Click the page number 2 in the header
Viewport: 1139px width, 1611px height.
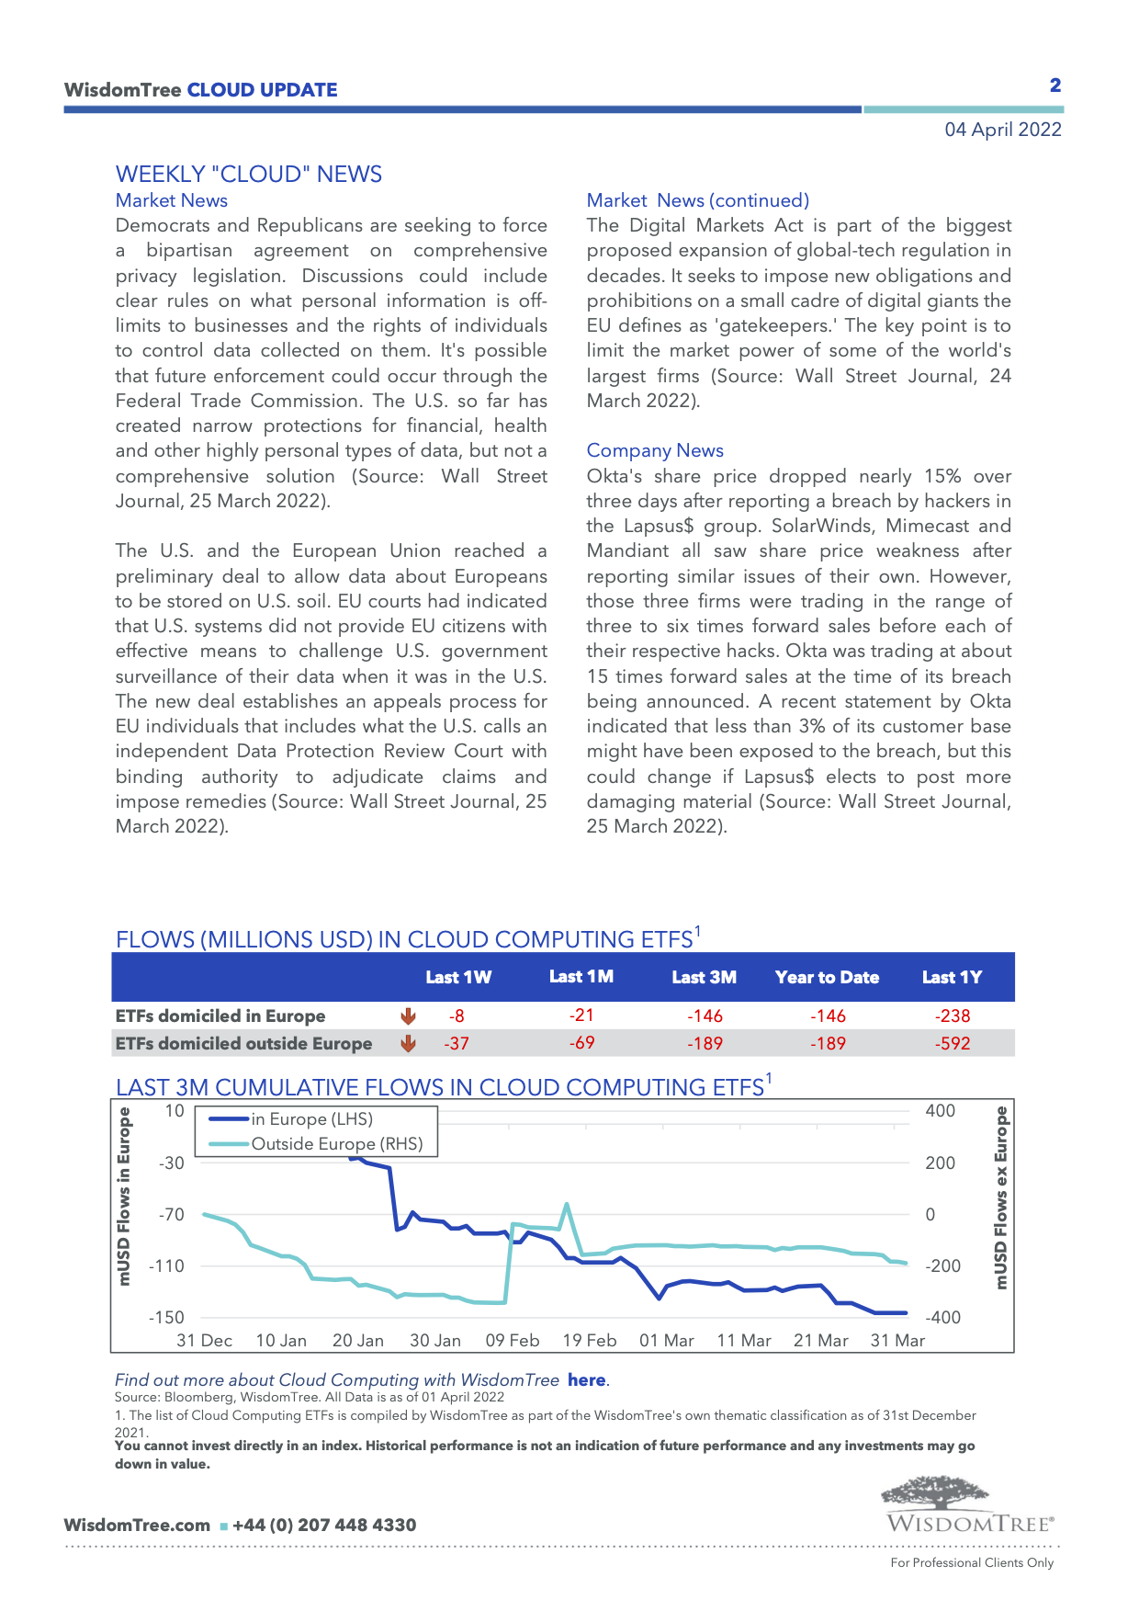[x=1055, y=85]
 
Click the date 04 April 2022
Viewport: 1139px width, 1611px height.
[x=1002, y=130]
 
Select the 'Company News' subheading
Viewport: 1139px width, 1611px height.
[x=655, y=450]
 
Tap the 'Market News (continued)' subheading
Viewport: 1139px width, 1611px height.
[x=697, y=200]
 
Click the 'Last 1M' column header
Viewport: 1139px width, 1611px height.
[x=581, y=977]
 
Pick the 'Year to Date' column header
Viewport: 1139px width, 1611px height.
[x=827, y=978]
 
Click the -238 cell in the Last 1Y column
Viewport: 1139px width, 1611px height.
[x=953, y=1015]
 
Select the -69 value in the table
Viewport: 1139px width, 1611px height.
[x=581, y=1043]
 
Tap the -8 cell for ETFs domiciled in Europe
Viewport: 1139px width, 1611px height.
[x=457, y=1015]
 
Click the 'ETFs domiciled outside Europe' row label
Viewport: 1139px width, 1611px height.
[x=243, y=1043]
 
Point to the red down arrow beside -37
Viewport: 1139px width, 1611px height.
[x=409, y=1043]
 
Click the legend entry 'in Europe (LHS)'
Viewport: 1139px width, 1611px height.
[x=311, y=1119]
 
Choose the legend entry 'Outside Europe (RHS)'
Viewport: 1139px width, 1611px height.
[x=336, y=1144]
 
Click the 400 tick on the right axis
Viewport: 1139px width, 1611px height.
[x=940, y=1111]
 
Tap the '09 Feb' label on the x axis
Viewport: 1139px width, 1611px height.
[x=513, y=1341]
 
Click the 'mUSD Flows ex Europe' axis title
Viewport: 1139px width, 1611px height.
[x=1001, y=1197]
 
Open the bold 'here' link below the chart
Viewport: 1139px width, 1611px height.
[x=586, y=1379]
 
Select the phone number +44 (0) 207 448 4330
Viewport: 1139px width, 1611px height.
[x=324, y=1526]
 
